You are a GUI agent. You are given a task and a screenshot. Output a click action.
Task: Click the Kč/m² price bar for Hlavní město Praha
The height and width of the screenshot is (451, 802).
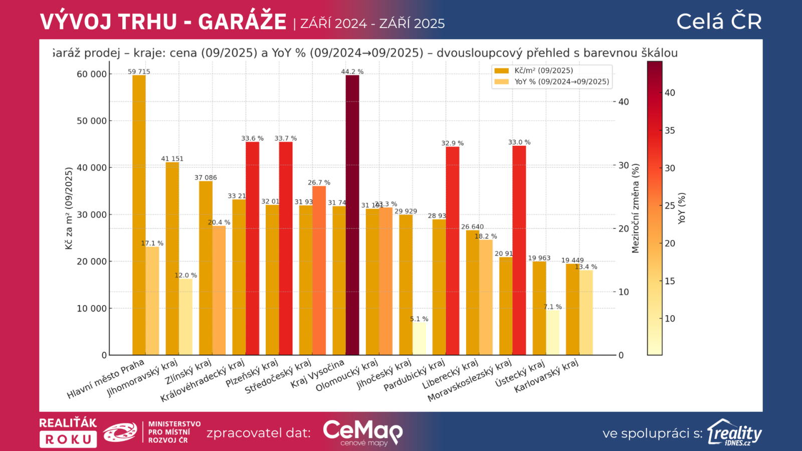pyautogui.click(x=139, y=215)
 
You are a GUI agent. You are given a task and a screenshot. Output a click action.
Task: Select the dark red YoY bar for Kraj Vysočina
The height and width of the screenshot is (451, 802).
pyautogui.click(x=352, y=215)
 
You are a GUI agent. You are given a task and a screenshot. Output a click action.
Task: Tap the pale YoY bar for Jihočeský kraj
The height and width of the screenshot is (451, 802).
pyautogui.click(x=419, y=339)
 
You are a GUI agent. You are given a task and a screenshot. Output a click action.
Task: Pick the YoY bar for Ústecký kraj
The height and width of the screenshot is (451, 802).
pyautogui.click(x=552, y=333)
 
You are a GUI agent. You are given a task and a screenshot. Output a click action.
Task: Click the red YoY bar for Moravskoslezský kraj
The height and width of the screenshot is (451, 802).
pyautogui.click(x=519, y=251)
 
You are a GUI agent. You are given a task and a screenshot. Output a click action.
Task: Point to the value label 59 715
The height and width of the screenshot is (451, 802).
pyautogui.click(x=139, y=72)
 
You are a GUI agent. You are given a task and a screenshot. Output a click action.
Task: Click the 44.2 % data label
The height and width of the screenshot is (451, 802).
pyautogui.click(x=352, y=72)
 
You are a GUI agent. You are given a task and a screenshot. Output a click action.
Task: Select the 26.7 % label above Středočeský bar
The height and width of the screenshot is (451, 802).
pyautogui.click(x=319, y=182)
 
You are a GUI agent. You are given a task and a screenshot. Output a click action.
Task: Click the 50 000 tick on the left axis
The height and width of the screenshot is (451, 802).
pyautogui.click(x=92, y=121)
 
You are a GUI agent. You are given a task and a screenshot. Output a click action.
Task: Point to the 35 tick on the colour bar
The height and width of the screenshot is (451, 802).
pyautogui.click(x=670, y=130)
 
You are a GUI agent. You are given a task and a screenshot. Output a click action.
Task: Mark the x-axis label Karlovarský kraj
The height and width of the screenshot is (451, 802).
pyautogui.click(x=546, y=376)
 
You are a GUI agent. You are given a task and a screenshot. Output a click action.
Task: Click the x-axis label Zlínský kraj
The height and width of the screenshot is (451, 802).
pyautogui.click(x=188, y=372)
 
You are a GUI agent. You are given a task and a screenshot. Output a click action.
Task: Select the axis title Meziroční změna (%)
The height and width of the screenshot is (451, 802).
pyautogui.click(x=636, y=208)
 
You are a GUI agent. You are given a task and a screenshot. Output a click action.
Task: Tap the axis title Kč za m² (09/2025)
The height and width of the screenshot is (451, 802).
pyautogui.click(x=69, y=208)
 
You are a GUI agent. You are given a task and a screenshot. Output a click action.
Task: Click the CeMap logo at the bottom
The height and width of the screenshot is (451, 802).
pyautogui.click(x=362, y=432)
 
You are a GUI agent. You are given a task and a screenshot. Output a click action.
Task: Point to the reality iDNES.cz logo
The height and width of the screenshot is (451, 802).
pyautogui.click(x=734, y=432)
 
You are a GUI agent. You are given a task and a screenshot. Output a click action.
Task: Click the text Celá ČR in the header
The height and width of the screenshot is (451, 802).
pyautogui.click(x=719, y=22)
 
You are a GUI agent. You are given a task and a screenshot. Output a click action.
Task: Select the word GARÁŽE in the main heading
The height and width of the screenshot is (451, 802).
pyautogui.click(x=242, y=22)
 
